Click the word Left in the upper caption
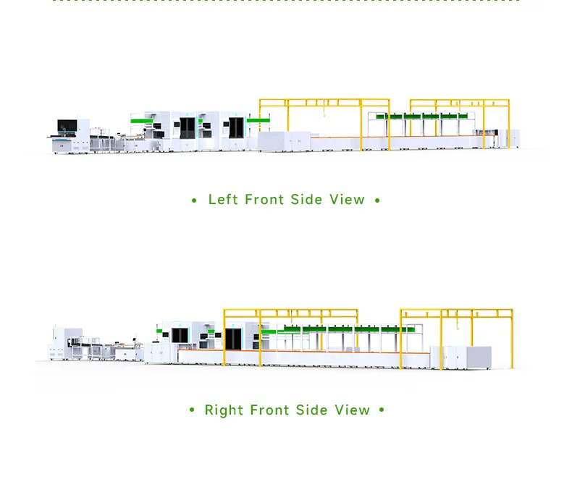click(x=223, y=200)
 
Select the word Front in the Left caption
click(x=264, y=200)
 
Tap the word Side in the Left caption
click(x=306, y=200)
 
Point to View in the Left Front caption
click(x=347, y=200)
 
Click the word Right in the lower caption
click(x=224, y=410)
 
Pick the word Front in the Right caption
click(x=269, y=410)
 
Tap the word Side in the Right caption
click(x=311, y=410)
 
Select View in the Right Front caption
click(x=352, y=410)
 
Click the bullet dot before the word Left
click(x=194, y=200)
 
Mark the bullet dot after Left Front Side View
click(x=377, y=200)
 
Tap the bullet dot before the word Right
click(x=192, y=410)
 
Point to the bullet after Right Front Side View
click(x=382, y=410)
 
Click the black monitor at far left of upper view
click(x=67, y=126)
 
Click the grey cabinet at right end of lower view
click(x=479, y=357)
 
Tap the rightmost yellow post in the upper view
click(x=508, y=124)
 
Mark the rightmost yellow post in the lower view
click(x=512, y=339)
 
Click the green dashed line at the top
click(x=286, y=1)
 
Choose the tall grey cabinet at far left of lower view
click(x=59, y=343)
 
